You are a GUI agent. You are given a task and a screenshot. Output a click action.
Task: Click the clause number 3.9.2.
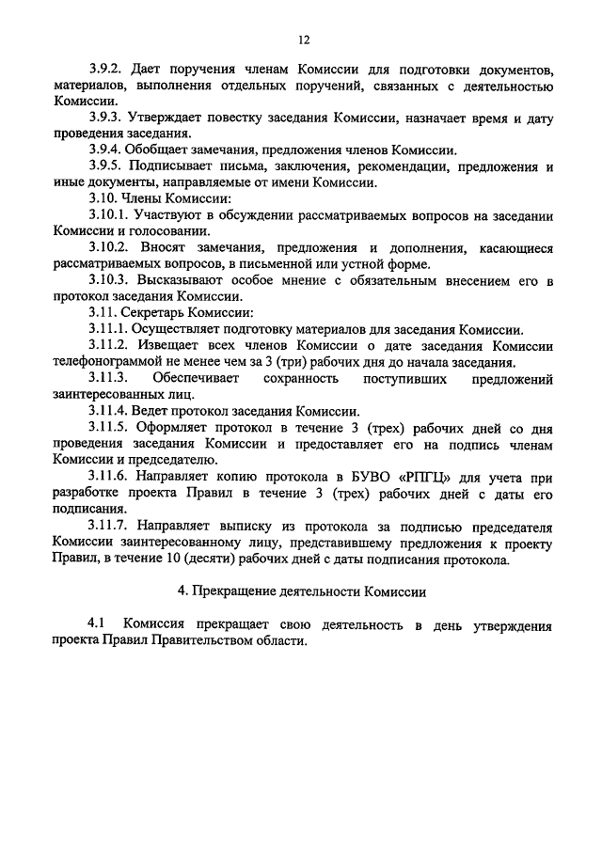pos(107,71)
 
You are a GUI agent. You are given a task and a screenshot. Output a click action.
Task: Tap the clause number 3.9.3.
pos(107,118)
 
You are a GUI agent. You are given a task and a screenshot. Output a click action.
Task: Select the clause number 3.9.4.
pos(107,150)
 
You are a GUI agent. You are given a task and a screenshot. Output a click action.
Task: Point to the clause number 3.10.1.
pos(110,215)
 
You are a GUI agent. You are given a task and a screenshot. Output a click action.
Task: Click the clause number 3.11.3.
pos(110,378)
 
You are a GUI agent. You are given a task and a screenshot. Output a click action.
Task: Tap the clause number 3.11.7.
pos(110,525)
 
